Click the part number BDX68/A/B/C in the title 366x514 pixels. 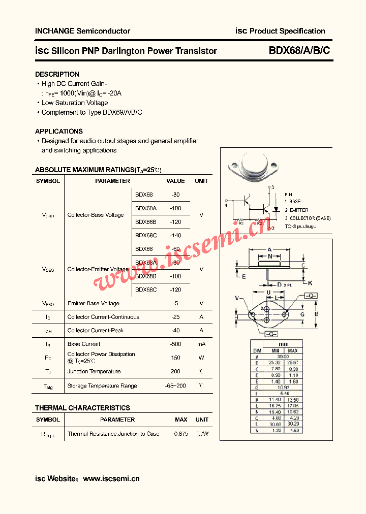point(299,51)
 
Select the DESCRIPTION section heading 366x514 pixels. point(57,74)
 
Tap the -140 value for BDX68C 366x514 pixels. point(175,236)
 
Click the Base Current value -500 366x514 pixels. point(175,344)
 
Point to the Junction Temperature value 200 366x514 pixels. point(175,371)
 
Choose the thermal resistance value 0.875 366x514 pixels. point(181,434)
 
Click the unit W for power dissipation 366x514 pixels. point(201,358)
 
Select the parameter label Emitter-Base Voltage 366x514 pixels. point(94,303)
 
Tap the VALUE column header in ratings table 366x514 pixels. point(175,181)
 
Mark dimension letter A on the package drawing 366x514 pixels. point(269,249)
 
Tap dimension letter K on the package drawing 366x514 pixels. point(310,283)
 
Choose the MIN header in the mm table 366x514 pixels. point(275,351)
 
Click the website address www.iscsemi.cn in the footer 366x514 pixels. point(111,478)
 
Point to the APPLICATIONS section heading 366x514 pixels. point(59,131)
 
